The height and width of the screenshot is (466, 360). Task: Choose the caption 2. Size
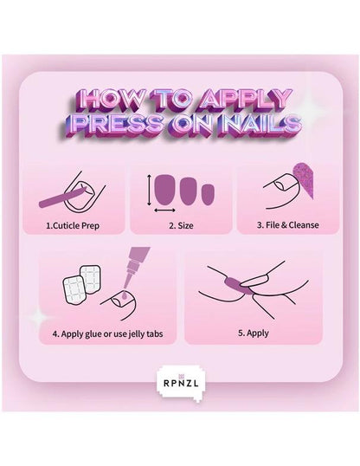point(179,224)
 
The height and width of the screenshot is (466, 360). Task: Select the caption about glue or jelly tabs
point(106,332)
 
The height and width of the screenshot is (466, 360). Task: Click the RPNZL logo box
point(179,379)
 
